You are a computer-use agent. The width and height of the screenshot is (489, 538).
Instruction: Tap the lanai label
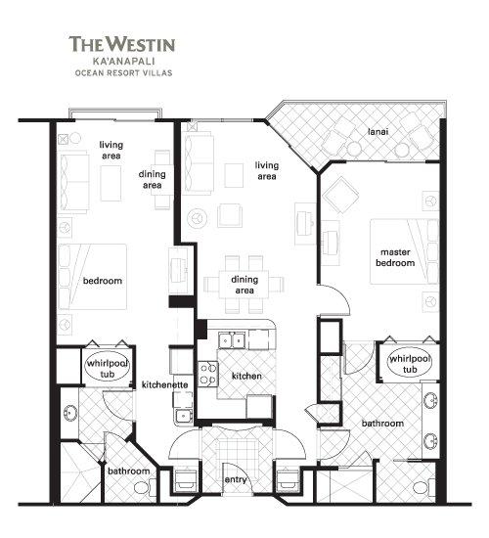(x=378, y=131)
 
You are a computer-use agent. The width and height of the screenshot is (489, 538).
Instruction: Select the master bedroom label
(x=395, y=257)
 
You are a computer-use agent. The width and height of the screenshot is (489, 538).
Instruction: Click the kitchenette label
(x=164, y=384)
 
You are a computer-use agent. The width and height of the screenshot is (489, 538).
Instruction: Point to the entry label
(x=236, y=479)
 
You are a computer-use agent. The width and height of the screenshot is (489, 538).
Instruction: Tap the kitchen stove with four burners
(x=208, y=374)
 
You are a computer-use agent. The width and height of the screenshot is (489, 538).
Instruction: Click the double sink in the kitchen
(x=233, y=340)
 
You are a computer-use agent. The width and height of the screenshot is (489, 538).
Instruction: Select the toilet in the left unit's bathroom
(x=142, y=487)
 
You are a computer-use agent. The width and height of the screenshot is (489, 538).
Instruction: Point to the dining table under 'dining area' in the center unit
(x=244, y=285)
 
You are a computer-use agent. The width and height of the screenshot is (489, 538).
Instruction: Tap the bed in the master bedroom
(x=404, y=251)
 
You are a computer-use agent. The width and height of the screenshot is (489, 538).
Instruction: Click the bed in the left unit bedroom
(x=92, y=277)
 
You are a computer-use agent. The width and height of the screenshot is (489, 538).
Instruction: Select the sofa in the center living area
(x=200, y=163)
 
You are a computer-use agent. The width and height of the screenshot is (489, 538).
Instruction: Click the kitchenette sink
(x=184, y=416)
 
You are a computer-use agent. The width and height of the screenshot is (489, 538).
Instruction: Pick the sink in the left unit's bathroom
(x=70, y=413)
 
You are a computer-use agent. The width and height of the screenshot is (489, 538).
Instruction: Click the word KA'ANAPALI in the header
(x=124, y=61)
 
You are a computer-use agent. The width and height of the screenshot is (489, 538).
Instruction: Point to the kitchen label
(x=246, y=376)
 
